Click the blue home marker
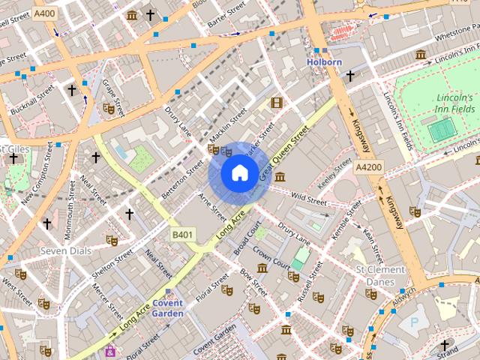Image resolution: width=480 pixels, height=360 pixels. click(x=238, y=173)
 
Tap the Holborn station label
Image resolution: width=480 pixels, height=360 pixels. click(x=324, y=62)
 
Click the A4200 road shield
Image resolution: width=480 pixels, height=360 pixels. click(x=370, y=166)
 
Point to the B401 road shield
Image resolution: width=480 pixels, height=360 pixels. click(x=183, y=235)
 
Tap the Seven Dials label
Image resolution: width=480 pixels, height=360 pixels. click(x=65, y=250)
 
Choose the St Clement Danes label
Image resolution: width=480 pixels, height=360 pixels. click(x=380, y=275)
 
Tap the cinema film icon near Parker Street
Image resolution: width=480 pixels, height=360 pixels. click(x=277, y=102)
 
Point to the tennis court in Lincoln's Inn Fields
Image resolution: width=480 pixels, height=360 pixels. click(x=442, y=130)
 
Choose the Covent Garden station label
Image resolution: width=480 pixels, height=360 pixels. click(x=167, y=307)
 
